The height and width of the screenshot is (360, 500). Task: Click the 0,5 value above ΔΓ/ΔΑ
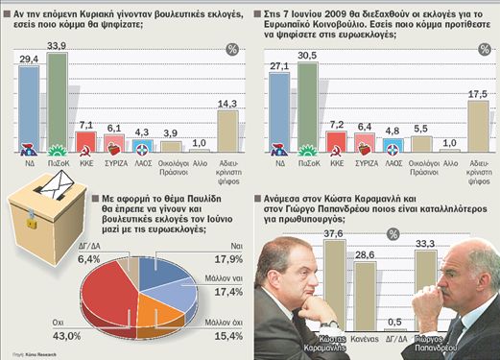(x=392, y=322)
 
